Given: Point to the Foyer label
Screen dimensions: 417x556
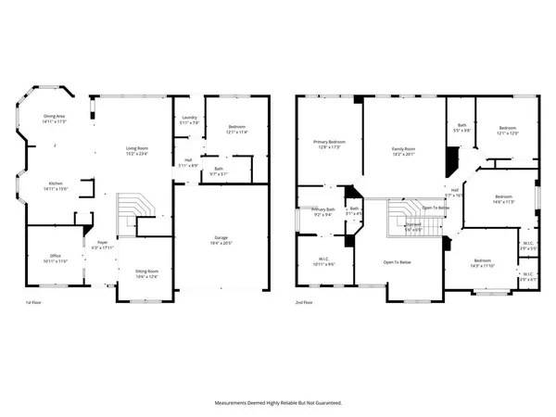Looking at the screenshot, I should (102, 246).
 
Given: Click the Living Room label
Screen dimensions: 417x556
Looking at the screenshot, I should (137, 151).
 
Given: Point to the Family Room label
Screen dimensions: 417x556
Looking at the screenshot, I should (403, 151).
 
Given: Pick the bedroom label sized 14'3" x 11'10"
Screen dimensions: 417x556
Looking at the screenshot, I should (483, 263).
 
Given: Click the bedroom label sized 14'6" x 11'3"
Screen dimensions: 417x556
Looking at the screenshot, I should (502, 198).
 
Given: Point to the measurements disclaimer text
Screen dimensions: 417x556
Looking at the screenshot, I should (278, 403).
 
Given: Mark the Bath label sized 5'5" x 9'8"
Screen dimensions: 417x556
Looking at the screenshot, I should (461, 128).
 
